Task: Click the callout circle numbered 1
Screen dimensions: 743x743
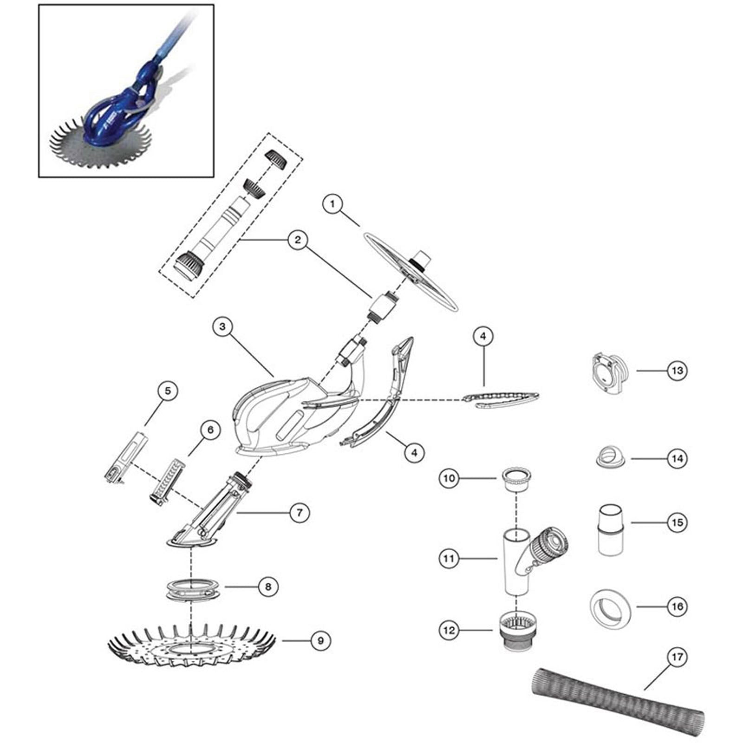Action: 332,204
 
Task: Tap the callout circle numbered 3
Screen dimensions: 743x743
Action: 222,326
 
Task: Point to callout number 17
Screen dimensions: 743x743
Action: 678,658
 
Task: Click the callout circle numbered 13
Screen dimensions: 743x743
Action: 677,371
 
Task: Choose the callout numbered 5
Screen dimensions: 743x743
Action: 168,391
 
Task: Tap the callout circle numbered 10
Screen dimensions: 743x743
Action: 449,478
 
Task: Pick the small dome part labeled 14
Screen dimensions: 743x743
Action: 610,458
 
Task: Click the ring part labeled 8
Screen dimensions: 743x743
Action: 191,589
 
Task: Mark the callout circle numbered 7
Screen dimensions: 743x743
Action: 299,513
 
